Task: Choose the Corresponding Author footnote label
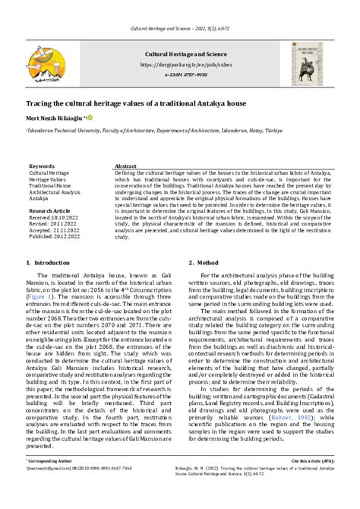pyautogui.click(x=51, y=482)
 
